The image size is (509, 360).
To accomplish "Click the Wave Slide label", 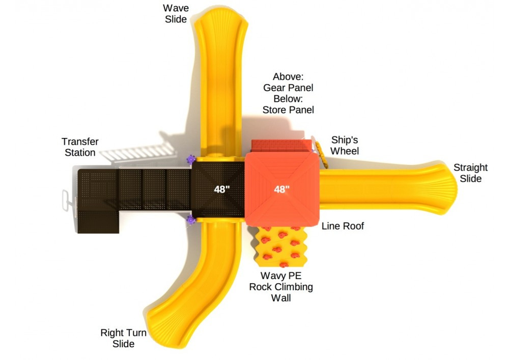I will point(175,14).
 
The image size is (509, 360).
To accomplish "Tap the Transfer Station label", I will point(80,147).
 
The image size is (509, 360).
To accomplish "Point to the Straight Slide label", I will point(470,173).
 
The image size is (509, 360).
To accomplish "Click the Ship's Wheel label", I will point(345,145).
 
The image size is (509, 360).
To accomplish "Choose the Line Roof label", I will point(343,226).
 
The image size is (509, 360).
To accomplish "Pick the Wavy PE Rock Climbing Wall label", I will point(281,287).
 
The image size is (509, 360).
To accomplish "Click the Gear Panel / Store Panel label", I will point(288,93).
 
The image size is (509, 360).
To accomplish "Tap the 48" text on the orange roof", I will point(281,189).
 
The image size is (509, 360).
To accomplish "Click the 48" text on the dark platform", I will point(222,189).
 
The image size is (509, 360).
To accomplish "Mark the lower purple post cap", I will point(191,220).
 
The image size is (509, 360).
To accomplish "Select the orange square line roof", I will point(281,189).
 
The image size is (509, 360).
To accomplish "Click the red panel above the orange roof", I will point(281,146).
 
